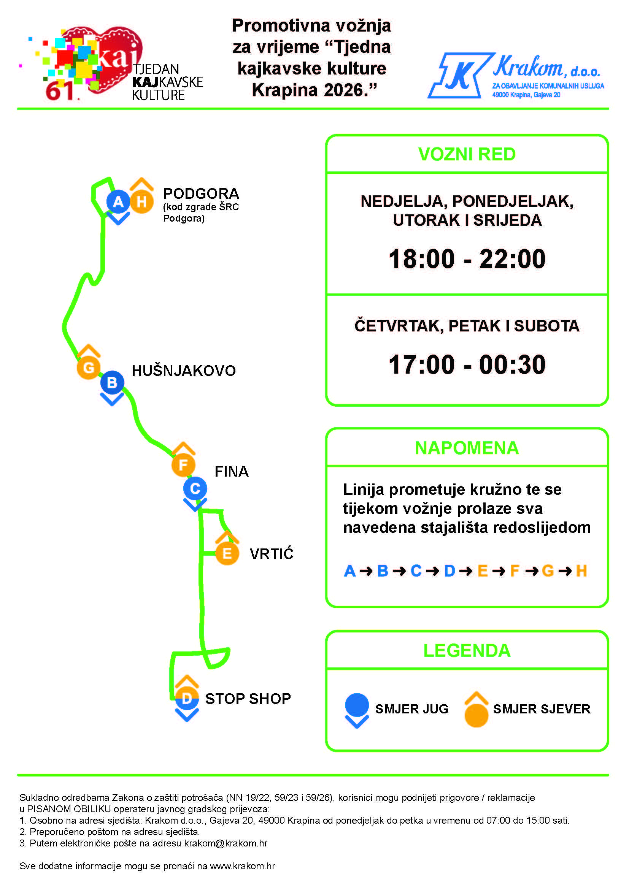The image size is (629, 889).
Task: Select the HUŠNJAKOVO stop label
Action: pyautogui.click(x=184, y=371)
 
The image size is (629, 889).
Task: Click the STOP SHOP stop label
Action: pyautogui.click(x=248, y=699)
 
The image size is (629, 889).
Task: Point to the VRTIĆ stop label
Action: pyautogui.click(x=272, y=553)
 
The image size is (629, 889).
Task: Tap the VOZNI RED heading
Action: pyautogui.click(x=467, y=154)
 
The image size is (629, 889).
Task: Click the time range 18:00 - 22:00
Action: pyautogui.click(x=467, y=259)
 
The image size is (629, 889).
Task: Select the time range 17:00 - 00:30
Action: pyautogui.click(x=467, y=364)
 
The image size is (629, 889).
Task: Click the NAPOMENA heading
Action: pyautogui.click(x=467, y=448)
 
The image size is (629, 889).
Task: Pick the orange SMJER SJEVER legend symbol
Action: pyautogui.click(x=476, y=709)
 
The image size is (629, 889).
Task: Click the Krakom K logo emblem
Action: pyautogui.click(x=461, y=75)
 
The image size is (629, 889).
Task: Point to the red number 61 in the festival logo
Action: pyautogui.click(x=60, y=91)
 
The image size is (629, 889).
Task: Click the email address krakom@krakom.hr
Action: pyautogui.click(x=226, y=843)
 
